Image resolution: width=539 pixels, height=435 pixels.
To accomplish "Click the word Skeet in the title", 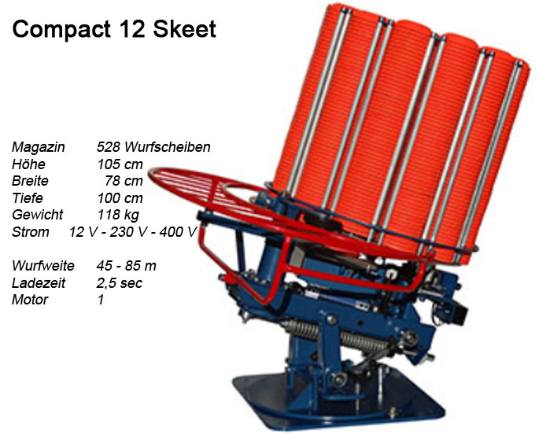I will click(x=186, y=31).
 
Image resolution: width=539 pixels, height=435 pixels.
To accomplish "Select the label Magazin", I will click(x=38, y=148).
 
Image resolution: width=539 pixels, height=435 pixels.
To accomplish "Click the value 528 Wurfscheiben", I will click(x=153, y=148).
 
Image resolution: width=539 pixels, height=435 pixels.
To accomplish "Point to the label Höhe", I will click(x=29, y=165).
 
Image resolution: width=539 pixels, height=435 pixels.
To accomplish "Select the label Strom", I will click(x=30, y=232).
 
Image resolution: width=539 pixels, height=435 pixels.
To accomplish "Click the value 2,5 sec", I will click(x=120, y=283).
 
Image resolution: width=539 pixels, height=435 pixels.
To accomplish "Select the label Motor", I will click(x=30, y=300).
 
